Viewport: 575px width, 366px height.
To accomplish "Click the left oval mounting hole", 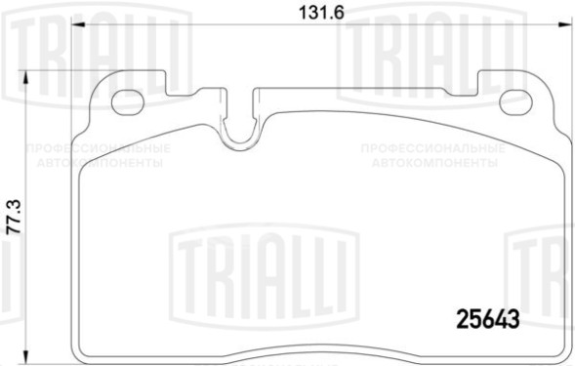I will point(129,101).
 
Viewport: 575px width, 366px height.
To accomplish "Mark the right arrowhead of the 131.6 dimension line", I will point(562,26).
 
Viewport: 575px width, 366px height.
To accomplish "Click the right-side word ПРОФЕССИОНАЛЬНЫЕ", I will point(432,148).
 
